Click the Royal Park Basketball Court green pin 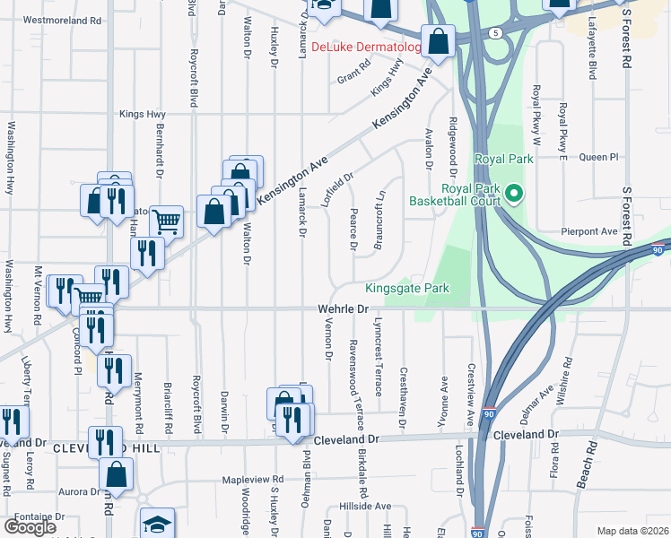click(513, 193)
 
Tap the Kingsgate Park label click(406, 289)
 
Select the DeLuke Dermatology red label click(366, 48)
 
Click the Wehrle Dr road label click(344, 309)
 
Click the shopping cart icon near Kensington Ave click(166, 221)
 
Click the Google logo click(30, 526)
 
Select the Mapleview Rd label click(254, 480)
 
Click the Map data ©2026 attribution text click(632, 531)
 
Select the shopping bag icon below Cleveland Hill click(117, 473)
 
